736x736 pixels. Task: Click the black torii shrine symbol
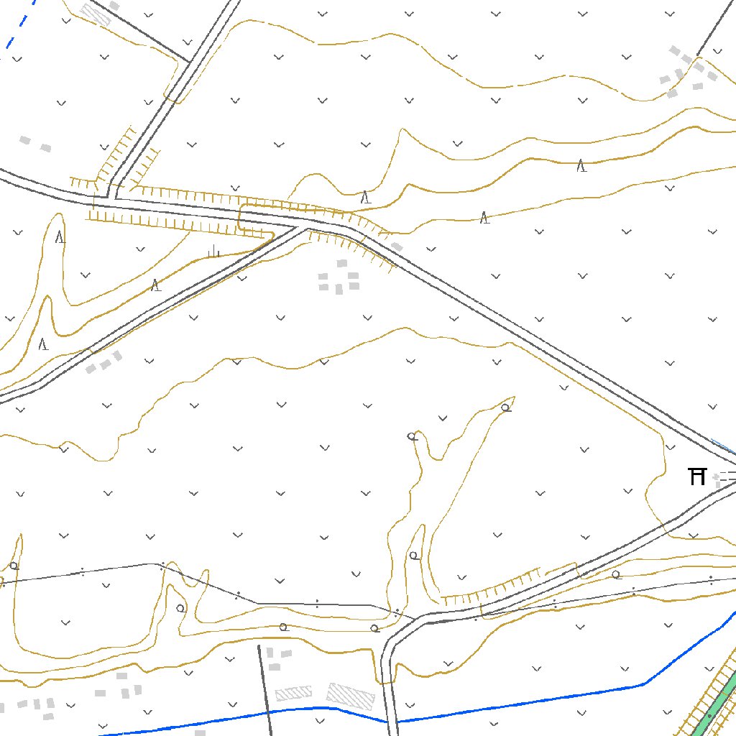point(696,476)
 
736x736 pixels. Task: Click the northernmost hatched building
point(96,14)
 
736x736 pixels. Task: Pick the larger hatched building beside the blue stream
point(351,695)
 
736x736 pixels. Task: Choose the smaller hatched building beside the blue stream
point(293,693)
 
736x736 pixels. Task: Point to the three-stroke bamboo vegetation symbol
point(213,251)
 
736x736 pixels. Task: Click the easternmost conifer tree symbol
point(581,166)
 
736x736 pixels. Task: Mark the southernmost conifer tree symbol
point(43,344)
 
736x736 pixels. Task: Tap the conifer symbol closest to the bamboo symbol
point(155,285)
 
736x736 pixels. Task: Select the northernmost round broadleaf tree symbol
point(506,408)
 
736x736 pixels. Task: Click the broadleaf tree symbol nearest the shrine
point(616,574)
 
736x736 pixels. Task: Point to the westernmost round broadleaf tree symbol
point(14,566)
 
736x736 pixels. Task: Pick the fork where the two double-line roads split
point(305,229)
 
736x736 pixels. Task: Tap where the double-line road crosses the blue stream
point(391,720)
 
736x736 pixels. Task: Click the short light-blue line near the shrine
point(722,446)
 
